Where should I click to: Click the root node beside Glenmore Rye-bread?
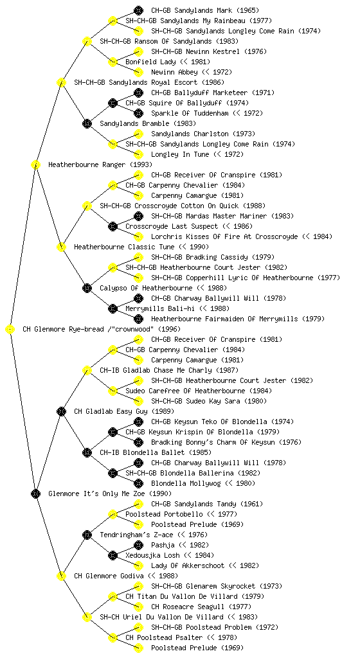pyautogui.click(x=10, y=330)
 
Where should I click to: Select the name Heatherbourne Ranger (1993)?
pyautogui.click(x=100, y=165)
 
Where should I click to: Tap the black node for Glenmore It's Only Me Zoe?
pyautogui.click(x=35, y=494)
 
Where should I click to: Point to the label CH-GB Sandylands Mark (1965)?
pyautogui.click(x=205, y=10)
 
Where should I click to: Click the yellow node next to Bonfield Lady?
pyautogui.click(x=113, y=62)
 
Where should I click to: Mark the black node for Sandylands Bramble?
pyautogui.click(x=87, y=124)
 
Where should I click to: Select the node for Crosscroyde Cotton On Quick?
pyautogui.click(x=87, y=206)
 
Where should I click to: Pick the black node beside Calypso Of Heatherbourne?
pyautogui.click(x=87, y=289)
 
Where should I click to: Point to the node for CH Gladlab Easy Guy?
pyautogui.click(x=61, y=412)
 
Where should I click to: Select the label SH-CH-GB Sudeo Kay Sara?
pyautogui.click(x=209, y=401)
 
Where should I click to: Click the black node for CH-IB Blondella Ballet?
pyautogui.click(x=87, y=453)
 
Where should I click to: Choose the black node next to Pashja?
pyautogui.click(x=138, y=545)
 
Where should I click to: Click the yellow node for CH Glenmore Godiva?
pyautogui.click(x=61, y=576)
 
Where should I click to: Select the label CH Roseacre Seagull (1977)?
pyautogui.click(x=201, y=607)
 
